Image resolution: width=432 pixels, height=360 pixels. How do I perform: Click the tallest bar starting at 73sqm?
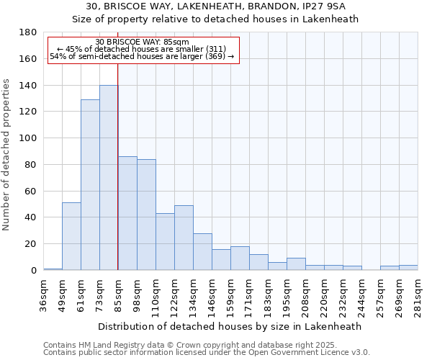tap(109, 178)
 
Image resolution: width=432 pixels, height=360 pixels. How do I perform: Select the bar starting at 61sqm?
tap(90, 185)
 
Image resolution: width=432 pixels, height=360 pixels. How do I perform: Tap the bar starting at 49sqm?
tap(71, 236)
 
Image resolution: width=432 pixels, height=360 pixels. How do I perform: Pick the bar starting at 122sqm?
tap(184, 238)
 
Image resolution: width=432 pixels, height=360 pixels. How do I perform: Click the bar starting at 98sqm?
tap(146, 215)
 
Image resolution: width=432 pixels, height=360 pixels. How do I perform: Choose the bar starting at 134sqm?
tap(202, 251)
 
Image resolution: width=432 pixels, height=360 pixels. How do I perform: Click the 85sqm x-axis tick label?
tap(118, 294)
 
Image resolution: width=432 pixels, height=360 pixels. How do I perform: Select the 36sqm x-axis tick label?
tap(43, 294)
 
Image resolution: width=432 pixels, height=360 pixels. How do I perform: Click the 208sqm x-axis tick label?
tap(305, 294)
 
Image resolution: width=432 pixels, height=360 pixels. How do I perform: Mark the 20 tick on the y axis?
tap(31, 244)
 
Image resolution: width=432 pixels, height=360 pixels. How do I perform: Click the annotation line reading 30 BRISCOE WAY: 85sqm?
tap(142, 42)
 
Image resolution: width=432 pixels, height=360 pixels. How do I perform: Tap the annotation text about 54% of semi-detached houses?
tap(142, 56)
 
